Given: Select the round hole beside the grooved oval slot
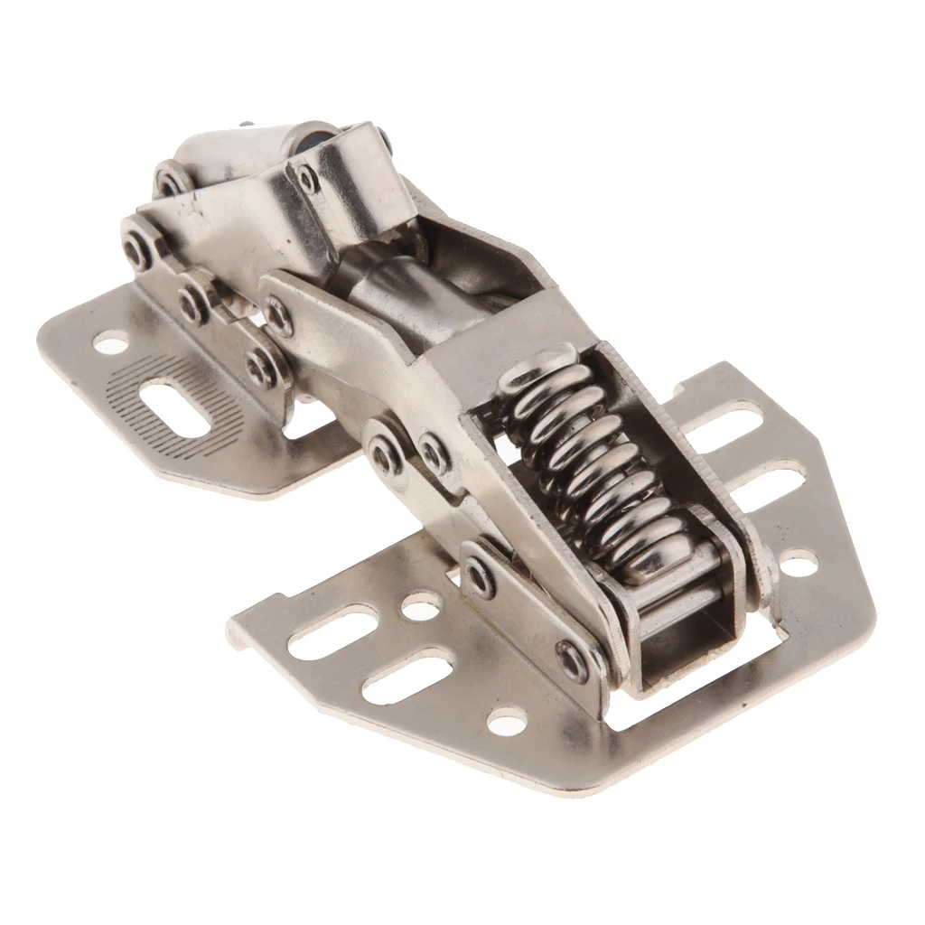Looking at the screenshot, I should pyautogui.click(x=110, y=342).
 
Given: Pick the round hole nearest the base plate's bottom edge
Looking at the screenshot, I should pyautogui.click(x=507, y=720).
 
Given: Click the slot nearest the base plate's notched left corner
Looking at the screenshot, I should pyautogui.click(x=332, y=631).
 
